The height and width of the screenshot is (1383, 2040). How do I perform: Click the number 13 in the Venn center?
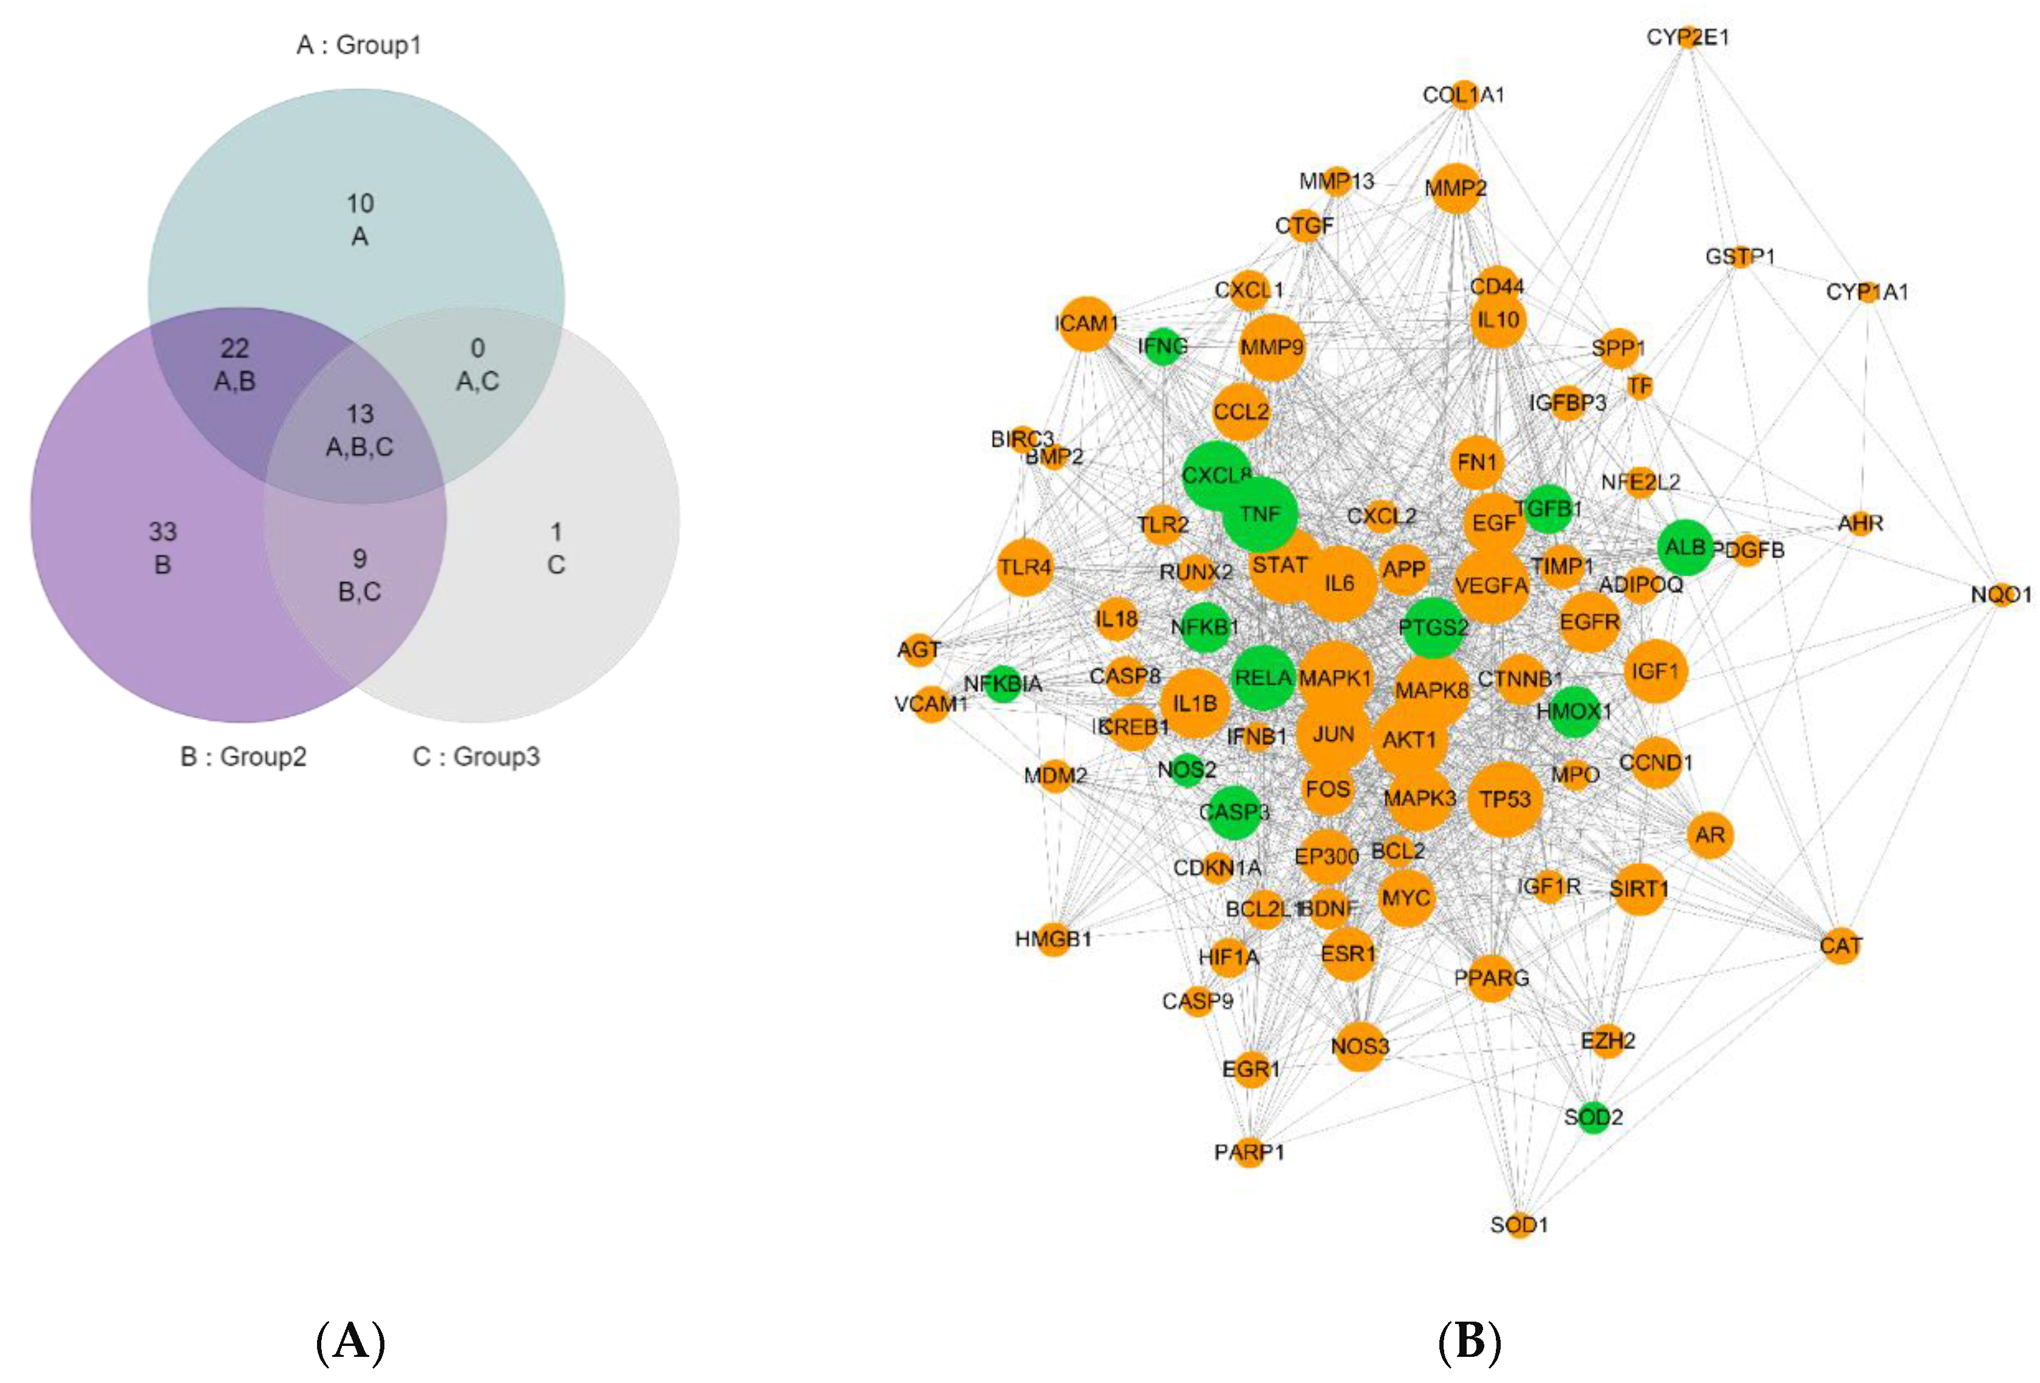[x=360, y=414]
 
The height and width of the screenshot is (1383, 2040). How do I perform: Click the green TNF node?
[x=1260, y=515]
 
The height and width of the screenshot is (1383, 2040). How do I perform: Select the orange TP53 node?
[x=1504, y=799]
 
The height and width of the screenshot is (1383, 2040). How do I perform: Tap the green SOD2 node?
[x=1593, y=1117]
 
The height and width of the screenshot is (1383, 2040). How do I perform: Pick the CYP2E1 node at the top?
[x=1688, y=38]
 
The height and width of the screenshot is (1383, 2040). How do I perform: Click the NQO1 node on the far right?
[x=2001, y=594]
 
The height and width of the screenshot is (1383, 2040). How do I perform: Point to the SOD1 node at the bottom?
[x=1520, y=1224]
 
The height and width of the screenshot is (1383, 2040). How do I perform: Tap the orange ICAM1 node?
[x=1087, y=324]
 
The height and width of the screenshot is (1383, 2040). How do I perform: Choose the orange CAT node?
[x=1841, y=945]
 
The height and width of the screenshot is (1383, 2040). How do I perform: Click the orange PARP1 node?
[x=1249, y=1151]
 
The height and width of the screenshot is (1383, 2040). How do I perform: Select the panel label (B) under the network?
[x=1470, y=1342]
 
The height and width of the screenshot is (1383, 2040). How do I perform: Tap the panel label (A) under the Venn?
[x=350, y=1342]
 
